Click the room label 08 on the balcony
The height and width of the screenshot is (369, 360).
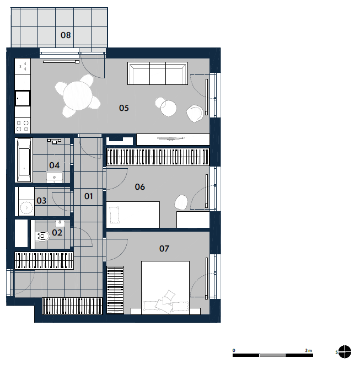click(66, 35)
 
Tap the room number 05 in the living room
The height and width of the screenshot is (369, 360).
click(123, 108)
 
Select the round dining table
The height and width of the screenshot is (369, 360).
click(78, 96)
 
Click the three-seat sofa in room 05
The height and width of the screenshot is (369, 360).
click(158, 73)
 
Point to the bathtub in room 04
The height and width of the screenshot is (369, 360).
click(24, 160)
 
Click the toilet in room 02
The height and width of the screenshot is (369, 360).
click(42, 236)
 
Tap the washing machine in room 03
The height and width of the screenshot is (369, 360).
click(26, 207)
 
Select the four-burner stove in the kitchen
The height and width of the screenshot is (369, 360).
click(23, 126)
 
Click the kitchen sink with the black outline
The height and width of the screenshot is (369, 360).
click(23, 98)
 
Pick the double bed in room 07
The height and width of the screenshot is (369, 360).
click(165, 287)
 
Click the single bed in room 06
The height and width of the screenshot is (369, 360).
click(133, 215)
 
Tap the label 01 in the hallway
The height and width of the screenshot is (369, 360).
click(88, 196)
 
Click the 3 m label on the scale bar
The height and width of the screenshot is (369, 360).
click(309, 350)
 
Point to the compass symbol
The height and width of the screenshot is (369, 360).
click(345, 352)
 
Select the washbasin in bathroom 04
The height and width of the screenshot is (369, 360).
click(55, 178)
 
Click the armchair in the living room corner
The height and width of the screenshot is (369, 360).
click(195, 114)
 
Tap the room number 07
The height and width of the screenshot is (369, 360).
click(164, 249)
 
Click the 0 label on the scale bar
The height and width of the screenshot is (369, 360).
click(234, 350)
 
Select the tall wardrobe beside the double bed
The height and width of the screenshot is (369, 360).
click(115, 290)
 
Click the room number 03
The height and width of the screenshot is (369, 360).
click(41, 201)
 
